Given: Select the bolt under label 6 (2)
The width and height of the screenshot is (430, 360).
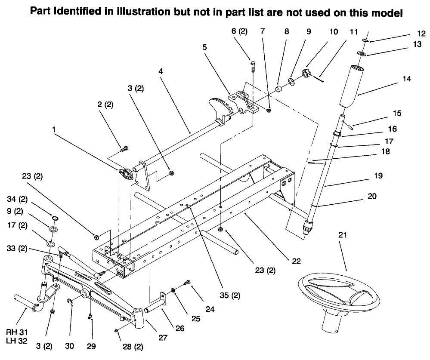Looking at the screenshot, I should point(253,67).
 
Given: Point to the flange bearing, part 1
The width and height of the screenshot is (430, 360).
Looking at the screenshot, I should point(124,173).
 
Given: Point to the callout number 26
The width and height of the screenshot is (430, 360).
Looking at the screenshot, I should point(180,328).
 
